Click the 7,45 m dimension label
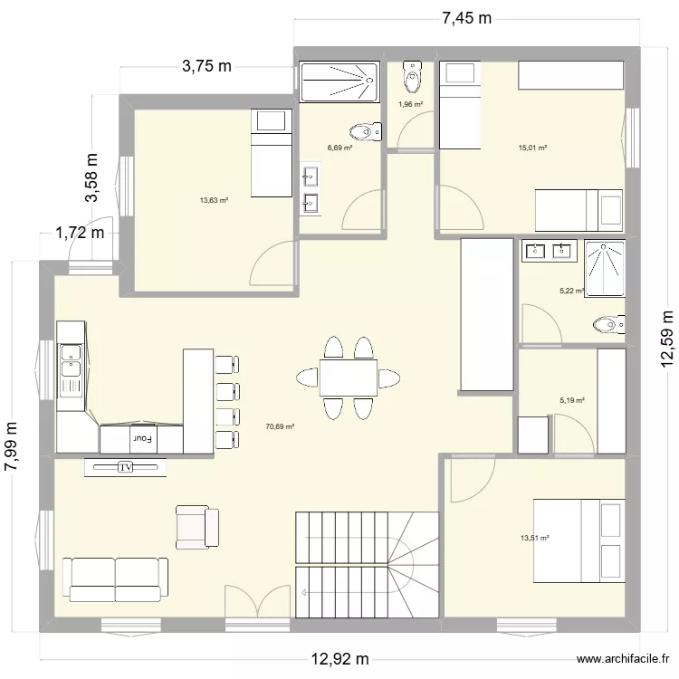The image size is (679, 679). (466, 18)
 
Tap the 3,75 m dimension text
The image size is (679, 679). (207, 66)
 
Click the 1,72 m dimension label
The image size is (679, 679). (81, 233)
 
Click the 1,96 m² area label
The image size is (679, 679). (411, 104)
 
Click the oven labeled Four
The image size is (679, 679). (141, 439)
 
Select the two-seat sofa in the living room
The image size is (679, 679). (115, 578)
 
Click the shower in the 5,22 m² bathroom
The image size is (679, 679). (603, 268)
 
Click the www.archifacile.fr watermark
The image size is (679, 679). (624, 659)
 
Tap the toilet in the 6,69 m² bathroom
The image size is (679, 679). (364, 132)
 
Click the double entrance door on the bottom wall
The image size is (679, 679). (257, 604)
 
